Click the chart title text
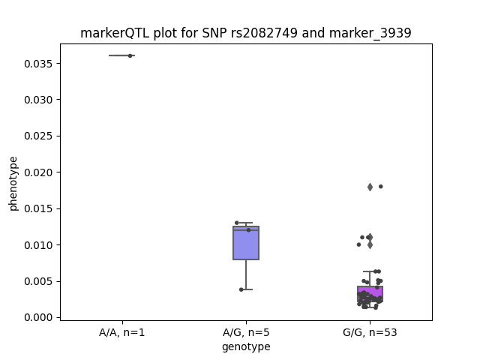246,33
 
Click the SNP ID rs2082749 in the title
264,33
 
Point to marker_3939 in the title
370,33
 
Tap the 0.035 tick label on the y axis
38,64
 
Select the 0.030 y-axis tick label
38,100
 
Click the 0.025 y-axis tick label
38,136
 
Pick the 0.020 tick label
38,172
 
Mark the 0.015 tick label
38,208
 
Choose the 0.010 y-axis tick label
38,245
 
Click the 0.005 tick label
38,281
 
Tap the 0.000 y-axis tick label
38,317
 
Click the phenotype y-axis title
13,184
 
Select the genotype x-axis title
246,346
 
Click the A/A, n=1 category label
121,332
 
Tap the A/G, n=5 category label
246,332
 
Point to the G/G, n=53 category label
370,332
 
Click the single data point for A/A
130,55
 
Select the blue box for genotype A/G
246,243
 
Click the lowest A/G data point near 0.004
241,289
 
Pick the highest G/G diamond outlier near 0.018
370,187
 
